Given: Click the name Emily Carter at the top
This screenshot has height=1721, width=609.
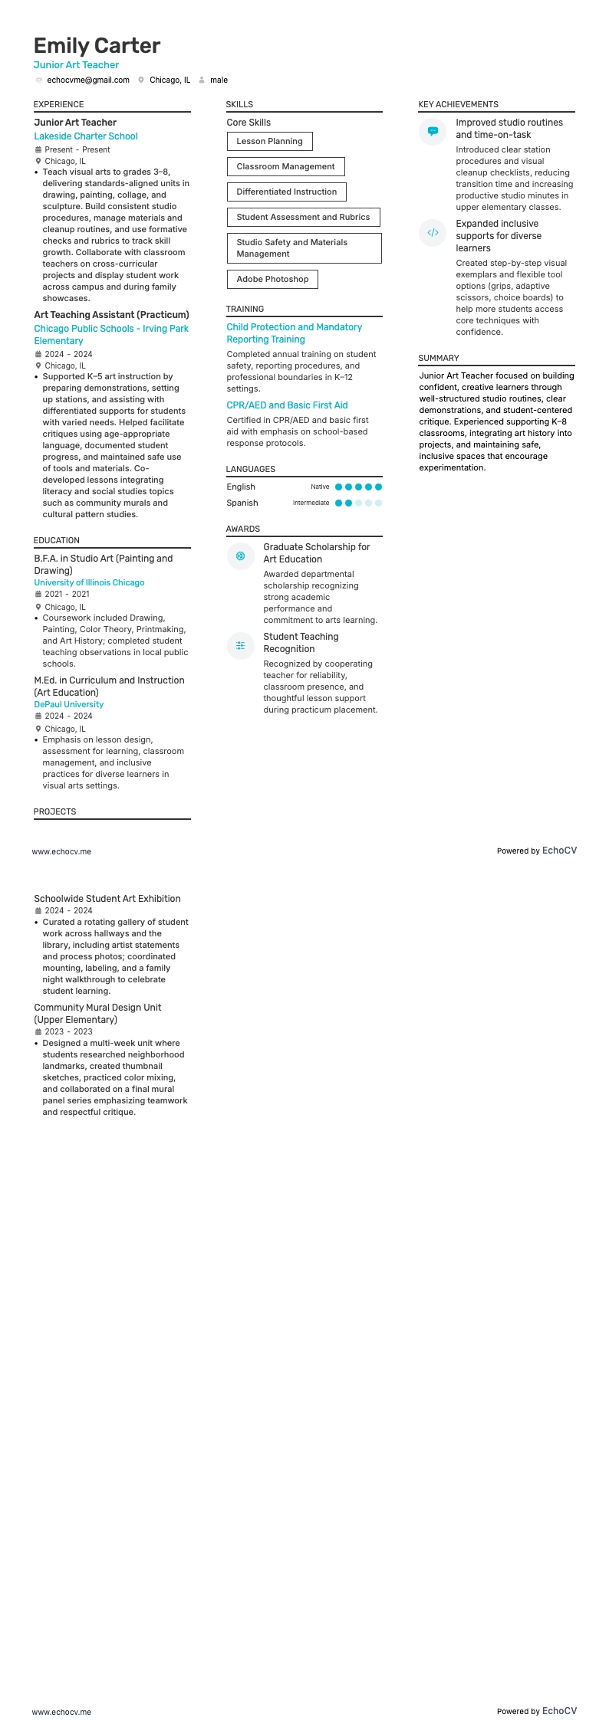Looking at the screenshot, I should pos(97,46).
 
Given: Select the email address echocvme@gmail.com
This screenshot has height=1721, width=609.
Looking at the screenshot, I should pos(88,80).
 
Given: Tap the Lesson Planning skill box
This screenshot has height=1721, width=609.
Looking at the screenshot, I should pos(269,141).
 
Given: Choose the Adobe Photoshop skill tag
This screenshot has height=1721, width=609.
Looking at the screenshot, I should pos(272,279).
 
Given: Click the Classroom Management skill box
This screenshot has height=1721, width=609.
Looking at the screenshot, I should pos(285,166).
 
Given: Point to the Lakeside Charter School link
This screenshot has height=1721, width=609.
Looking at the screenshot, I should pos(86,136).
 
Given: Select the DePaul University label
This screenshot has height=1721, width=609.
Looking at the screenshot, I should pos(69,704).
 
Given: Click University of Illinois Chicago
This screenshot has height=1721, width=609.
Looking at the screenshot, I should pos(89,582).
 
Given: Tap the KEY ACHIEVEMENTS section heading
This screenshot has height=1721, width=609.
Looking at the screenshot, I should pos(458,104).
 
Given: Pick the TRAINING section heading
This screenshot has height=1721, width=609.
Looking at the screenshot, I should pos(245,309).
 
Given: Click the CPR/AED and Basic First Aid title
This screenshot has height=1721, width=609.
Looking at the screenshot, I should pos(287,405).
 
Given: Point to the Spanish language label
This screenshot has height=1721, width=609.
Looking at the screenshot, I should pos(242,503).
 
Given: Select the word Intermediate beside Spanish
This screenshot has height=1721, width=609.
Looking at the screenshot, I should pos(311,503).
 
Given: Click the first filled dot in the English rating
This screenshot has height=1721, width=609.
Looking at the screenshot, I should pos(339,487).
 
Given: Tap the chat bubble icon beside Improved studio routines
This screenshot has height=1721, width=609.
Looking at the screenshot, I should pos(433,131).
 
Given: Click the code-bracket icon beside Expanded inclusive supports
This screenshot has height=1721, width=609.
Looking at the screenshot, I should pos(433,233).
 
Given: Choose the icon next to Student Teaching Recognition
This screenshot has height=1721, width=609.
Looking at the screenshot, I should pos(240,646).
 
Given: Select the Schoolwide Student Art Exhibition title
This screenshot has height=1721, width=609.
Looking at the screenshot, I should pos(107,899).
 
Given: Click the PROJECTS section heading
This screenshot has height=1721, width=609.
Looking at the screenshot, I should pos(54,811).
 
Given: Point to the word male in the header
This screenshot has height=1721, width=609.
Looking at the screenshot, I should pos(219,80).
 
